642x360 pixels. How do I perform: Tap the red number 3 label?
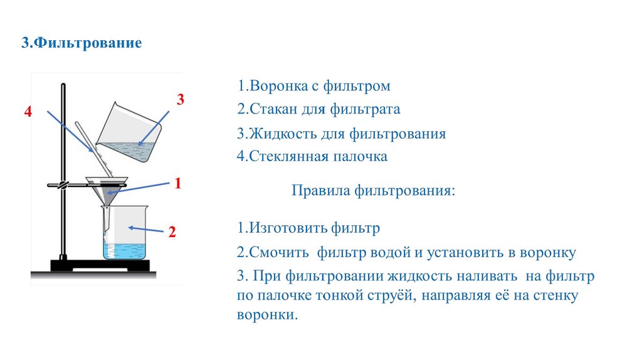(x=180, y=100)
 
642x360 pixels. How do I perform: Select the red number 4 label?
(x=28, y=112)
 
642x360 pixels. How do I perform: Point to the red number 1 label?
(x=178, y=183)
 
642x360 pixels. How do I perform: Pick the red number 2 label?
(x=171, y=232)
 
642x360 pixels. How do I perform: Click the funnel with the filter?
(x=107, y=189)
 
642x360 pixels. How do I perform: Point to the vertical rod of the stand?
(x=63, y=157)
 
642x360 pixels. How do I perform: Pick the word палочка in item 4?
(x=359, y=156)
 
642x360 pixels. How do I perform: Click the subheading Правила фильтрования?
(x=372, y=190)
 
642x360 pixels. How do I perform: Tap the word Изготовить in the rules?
(x=286, y=228)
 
